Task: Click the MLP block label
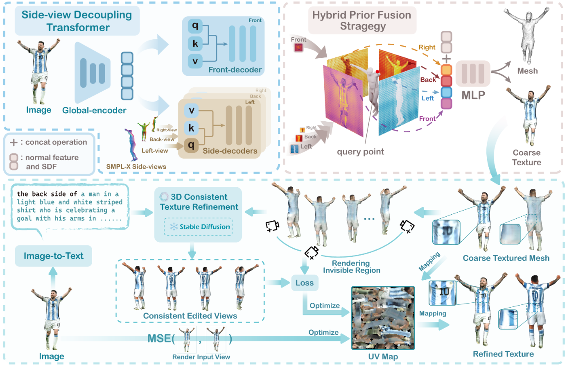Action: click(473, 95)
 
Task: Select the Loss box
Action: click(304, 283)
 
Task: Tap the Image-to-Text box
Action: click(53, 256)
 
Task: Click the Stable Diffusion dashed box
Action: click(198, 227)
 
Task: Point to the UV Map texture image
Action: click(383, 318)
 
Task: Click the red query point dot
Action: click(377, 72)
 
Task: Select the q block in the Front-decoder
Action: click(195, 26)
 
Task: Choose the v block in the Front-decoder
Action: click(195, 61)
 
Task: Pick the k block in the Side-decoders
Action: click(191, 128)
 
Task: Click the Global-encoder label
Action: click(94, 111)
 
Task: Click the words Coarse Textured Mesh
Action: click(506, 258)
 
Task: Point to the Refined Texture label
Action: click(503, 354)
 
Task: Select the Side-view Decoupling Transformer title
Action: click(77, 21)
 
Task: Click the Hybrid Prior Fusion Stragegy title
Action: click(361, 20)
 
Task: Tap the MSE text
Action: click(159, 338)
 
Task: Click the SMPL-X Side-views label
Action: click(136, 167)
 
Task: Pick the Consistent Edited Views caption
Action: click(190, 316)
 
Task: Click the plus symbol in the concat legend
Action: click(14, 143)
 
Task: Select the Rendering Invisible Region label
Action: click(351, 267)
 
